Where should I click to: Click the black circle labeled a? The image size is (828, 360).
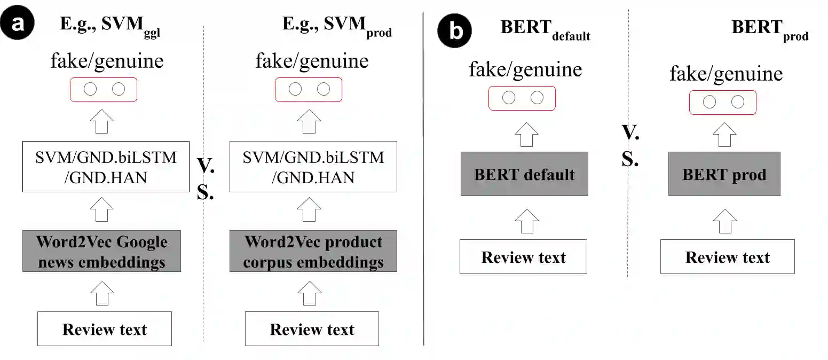pyautogui.click(x=17, y=25)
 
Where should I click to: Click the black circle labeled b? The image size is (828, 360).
pyautogui.click(x=455, y=32)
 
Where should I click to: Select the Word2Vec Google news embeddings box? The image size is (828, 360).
pyautogui.click(x=101, y=251)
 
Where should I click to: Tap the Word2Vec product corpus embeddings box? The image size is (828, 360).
pyautogui.click(x=313, y=251)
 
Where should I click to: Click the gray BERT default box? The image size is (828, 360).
pyautogui.click(x=524, y=174)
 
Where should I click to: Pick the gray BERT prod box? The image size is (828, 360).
pyautogui.click(x=724, y=174)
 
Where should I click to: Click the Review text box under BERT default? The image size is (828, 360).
pyautogui.click(x=523, y=257)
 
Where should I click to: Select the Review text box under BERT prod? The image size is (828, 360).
pyautogui.click(x=727, y=257)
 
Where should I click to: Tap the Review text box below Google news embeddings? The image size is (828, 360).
pyautogui.click(x=105, y=329)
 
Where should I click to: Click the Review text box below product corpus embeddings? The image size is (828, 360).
pyautogui.click(x=312, y=329)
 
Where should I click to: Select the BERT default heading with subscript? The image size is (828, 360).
pyautogui.click(x=545, y=29)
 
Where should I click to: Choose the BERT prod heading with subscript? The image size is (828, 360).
pyautogui.click(x=769, y=29)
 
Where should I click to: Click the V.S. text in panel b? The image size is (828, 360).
pyautogui.click(x=630, y=145)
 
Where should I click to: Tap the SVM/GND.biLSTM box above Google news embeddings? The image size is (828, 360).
pyautogui.click(x=106, y=167)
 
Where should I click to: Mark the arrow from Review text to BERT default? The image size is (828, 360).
pyautogui.click(x=527, y=220)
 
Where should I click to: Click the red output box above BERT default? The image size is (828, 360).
pyautogui.click(x=522, y=98)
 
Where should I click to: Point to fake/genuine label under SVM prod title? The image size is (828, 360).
pyautogui.click(x=312, y=61)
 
